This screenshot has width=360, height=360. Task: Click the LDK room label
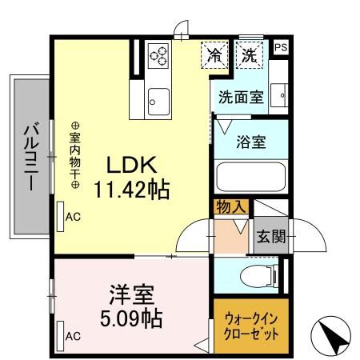133,166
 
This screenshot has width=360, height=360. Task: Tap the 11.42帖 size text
133,191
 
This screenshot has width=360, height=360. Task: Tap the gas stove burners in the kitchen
159,56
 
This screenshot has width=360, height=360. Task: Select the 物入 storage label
230,207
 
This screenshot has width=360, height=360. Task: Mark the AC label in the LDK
73,216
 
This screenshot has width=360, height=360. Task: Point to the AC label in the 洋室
73,336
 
